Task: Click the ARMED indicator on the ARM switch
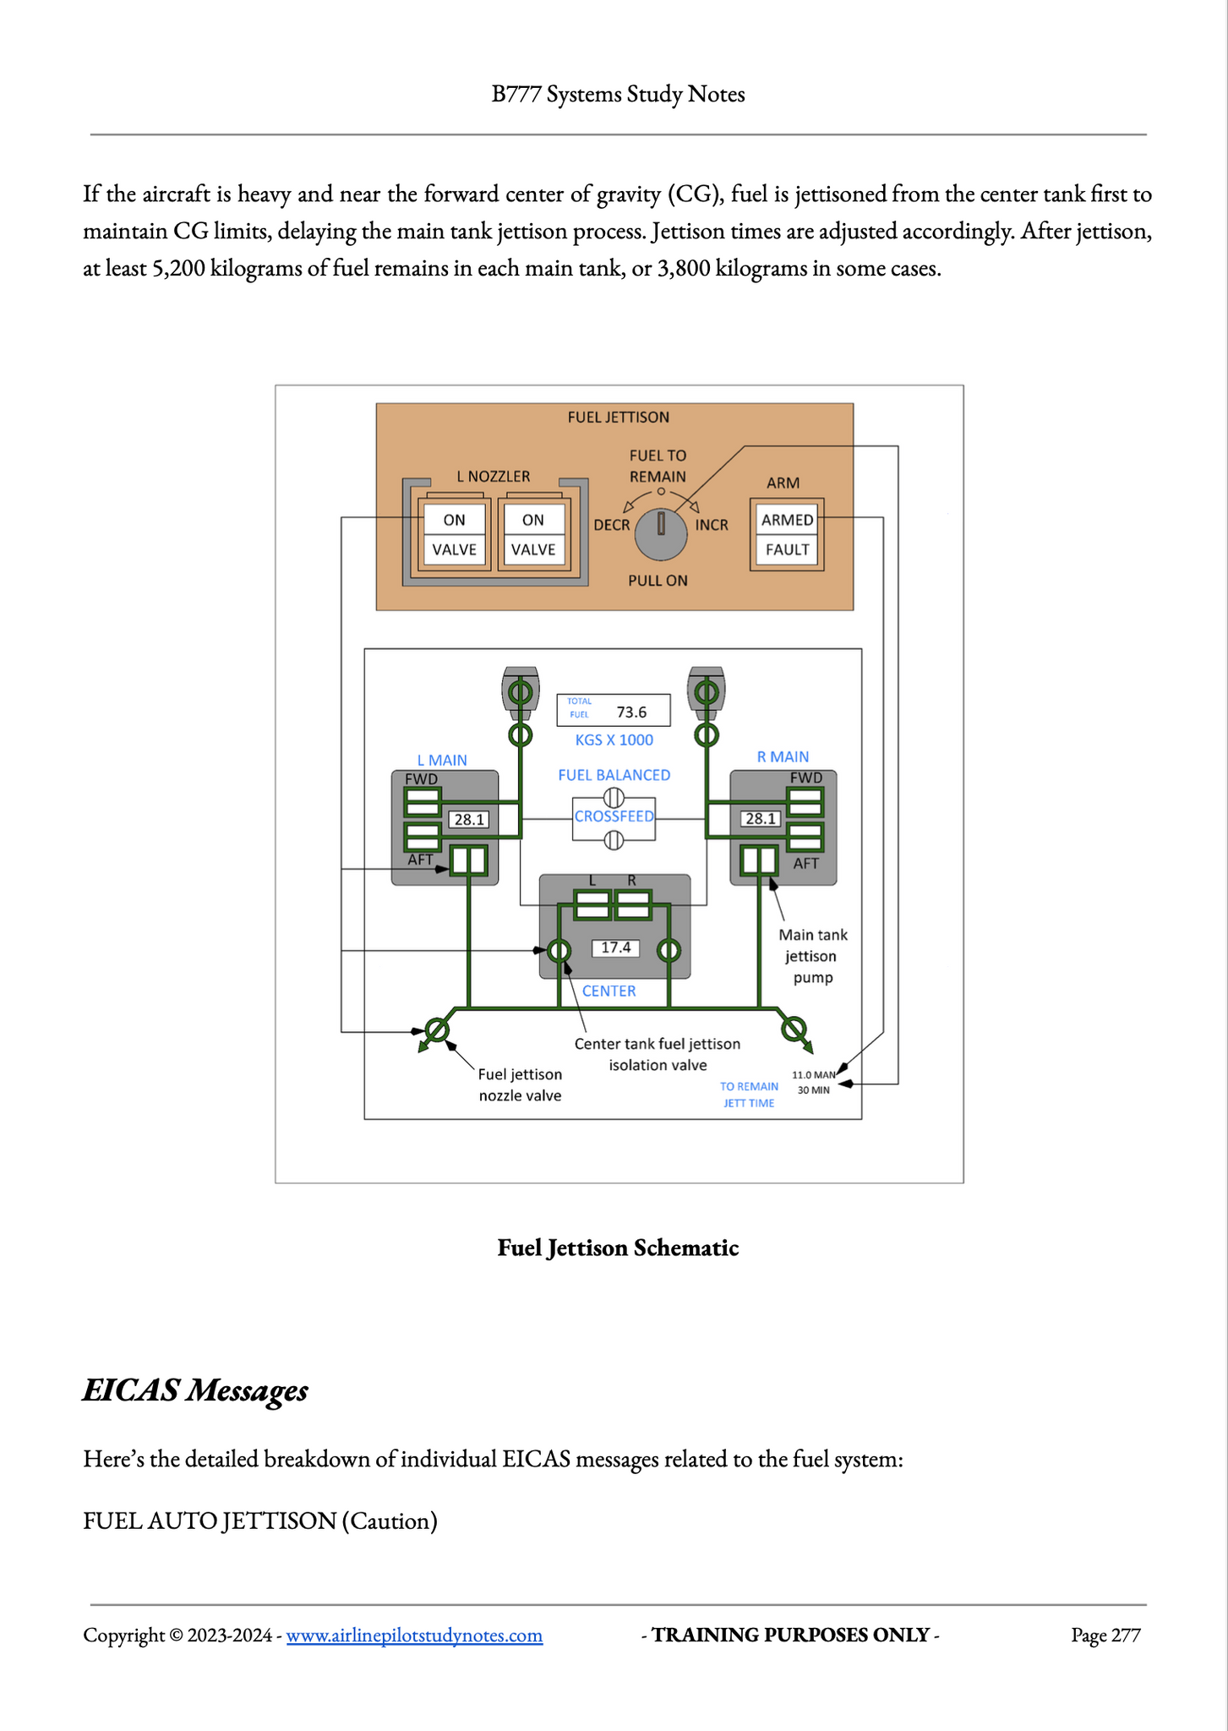click(787, 520)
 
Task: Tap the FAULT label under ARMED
click(787, 549)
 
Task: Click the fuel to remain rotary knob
click(661, 534)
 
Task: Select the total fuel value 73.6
click(631, 712)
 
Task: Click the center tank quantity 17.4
click(615, 947)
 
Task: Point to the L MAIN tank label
click(442, 761)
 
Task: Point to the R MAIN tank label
click(783, 757)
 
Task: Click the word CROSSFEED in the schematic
click(614, 816)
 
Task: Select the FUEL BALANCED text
click(614, 775)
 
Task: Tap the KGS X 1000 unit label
click(614, 740)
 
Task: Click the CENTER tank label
click(609, 991)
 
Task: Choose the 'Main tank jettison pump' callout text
click(812, 956)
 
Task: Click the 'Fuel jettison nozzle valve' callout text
click(520, 1084)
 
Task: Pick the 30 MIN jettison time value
click(813, 1090)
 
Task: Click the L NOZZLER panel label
click(494, 477)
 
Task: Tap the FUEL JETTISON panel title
click(618, 417)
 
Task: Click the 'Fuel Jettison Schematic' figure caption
click(618, 1248)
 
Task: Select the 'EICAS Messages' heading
click(195, 1390)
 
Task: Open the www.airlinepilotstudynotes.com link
click(414, 1635)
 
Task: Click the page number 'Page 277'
click(1105, 1635)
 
